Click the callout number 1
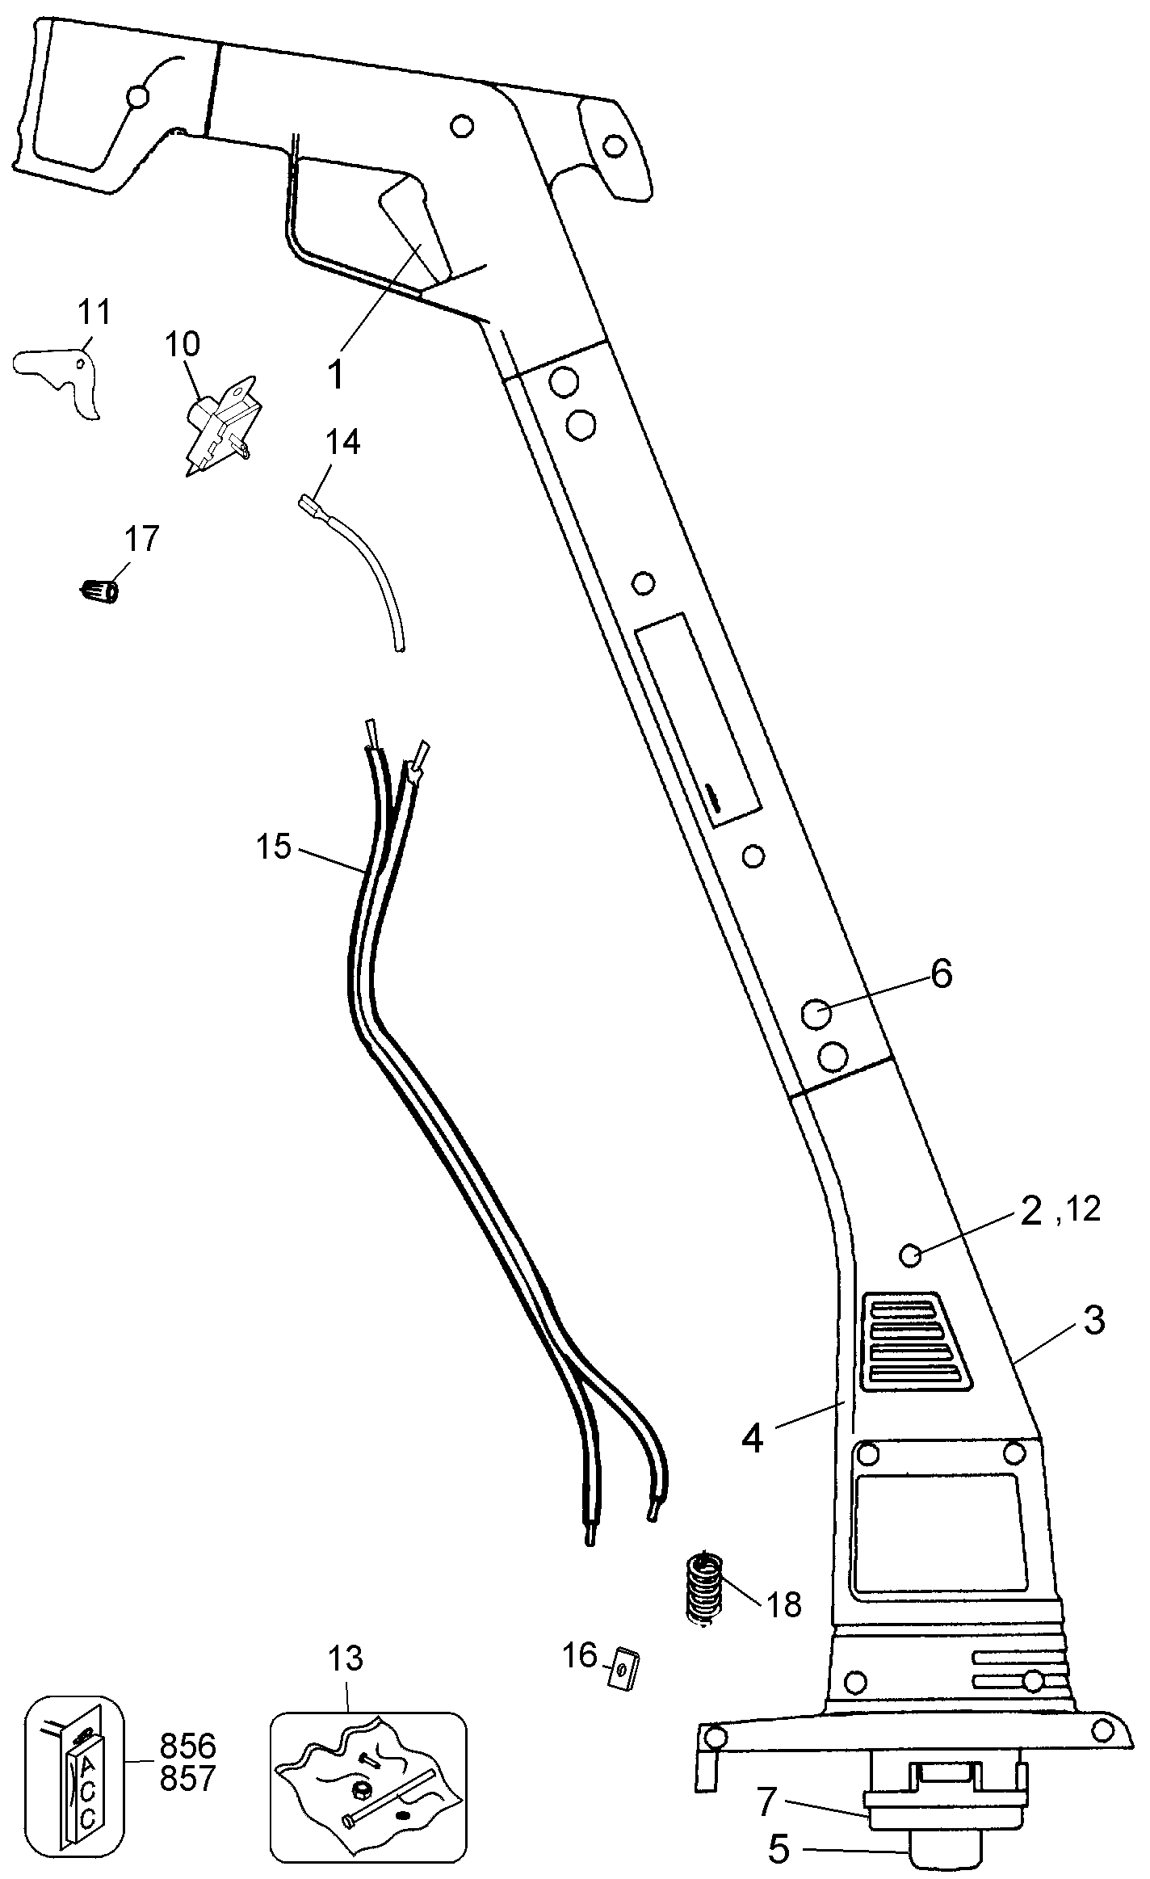tap(336, 375)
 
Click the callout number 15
tap(274, 847)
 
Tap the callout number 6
tap(941, 974)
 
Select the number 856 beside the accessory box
tap(188, 1747)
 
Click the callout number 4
tap(752, 1438)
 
